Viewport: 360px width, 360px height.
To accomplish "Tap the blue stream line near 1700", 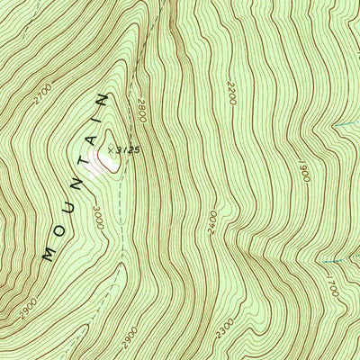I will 335,261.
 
